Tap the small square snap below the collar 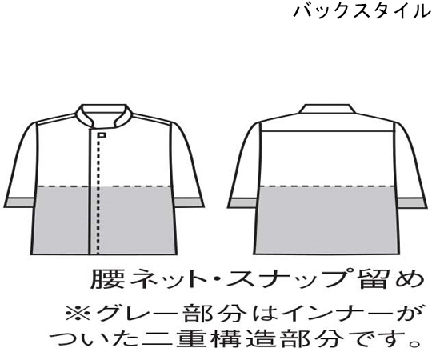coord(102,135)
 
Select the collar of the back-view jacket coord(326,109)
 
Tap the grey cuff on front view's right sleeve coord(189,202)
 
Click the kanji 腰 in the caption coord(103,278)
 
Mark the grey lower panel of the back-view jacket coord(327,220)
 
